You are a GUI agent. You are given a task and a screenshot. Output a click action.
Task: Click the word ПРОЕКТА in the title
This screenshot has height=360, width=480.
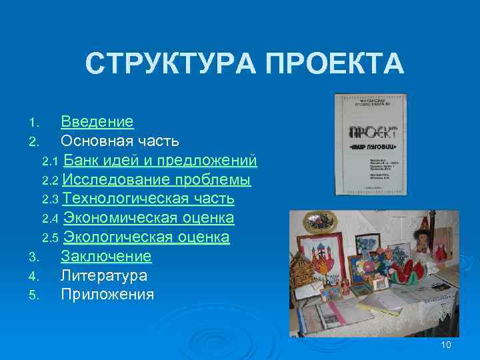click(x=333, y=65)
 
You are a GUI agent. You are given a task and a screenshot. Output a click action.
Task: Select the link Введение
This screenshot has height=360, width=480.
click(x=97, y=122)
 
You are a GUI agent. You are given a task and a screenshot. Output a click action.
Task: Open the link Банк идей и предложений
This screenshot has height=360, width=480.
click(x=161, y=161)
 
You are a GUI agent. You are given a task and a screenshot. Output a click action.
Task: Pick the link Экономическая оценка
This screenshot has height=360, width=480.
click(x=149, y=218)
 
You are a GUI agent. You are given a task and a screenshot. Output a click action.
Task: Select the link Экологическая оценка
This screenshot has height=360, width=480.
click(x=146, y=237)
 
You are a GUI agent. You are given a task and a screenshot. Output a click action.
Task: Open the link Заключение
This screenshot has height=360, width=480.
click(x=106, y=257)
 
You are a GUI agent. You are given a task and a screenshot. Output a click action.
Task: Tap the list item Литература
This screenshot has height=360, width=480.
click(x=104, y=275)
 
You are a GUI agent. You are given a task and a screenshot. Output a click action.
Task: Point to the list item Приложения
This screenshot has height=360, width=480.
click(x=107, y=295)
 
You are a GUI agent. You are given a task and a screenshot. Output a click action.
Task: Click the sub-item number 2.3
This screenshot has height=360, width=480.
click(x=51, y=199)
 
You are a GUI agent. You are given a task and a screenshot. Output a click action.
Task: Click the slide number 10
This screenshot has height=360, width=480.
click(x=447, y=345)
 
